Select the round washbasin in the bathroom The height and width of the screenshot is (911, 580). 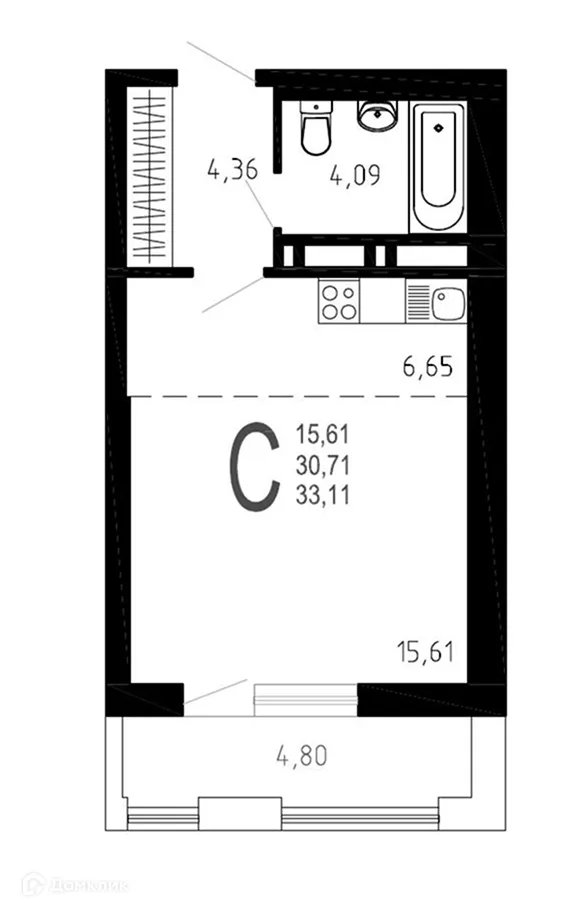pyautogui.click(x=378, y=116)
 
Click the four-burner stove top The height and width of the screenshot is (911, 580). pyautogui.click(x=340, y=300)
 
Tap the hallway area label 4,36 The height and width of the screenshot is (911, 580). pyautogui.click(x=232, y=169)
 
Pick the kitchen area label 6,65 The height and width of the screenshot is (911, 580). pyautogui.click(x=428, y=367)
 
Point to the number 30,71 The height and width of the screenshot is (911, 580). pyautogui.click(x=320, y=463)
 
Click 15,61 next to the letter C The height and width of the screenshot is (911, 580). pyautogui.click(x=320, y=435)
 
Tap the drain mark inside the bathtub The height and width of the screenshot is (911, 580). pyautogui.click(x=437, y=127)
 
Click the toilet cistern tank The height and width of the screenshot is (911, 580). pyautogui.click(x=315, y=107)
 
